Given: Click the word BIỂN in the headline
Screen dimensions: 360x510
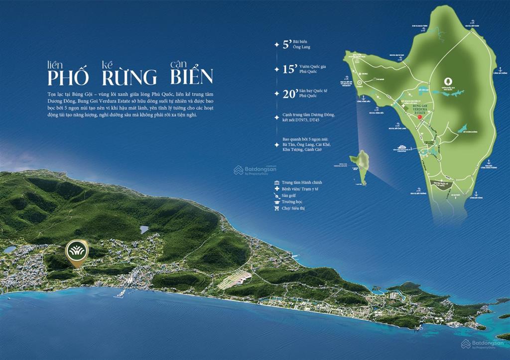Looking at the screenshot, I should [191, 77].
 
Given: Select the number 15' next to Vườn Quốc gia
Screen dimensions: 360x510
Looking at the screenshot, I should [289, 69].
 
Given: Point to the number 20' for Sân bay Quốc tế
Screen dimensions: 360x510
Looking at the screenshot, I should [289, 94].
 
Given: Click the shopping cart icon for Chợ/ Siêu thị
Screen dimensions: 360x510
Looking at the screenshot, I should [276, 208].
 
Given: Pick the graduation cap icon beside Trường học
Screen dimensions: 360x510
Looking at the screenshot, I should [276, 202].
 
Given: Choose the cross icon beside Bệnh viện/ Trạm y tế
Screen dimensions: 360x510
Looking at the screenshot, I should [276, 189].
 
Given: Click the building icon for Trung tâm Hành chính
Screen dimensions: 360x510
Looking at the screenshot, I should [276, 183].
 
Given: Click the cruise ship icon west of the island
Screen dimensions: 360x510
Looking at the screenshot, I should [402, 147].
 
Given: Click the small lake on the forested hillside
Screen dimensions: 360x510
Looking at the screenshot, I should [144, 230].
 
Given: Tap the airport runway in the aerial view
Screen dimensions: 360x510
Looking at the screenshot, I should [234, 279].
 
